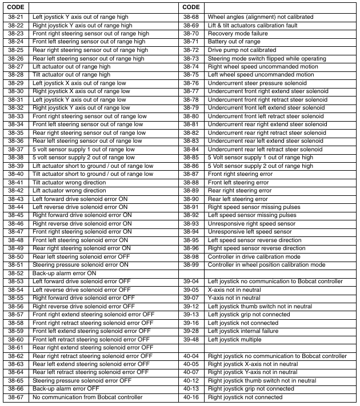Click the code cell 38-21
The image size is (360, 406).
16,17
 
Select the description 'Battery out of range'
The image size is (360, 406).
234,42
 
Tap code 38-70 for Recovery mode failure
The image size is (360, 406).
191,34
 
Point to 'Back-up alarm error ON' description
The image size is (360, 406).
64,273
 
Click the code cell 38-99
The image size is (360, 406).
191,265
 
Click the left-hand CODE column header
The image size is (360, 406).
15,7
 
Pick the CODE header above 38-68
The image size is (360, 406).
191,7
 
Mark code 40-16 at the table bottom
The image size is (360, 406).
191,397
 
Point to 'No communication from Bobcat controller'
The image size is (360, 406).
85,397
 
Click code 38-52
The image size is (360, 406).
16,273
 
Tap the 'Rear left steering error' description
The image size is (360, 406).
238,199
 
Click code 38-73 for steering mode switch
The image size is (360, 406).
191,58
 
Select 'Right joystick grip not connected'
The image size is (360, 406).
251,389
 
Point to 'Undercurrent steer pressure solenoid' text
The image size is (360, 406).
257,83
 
